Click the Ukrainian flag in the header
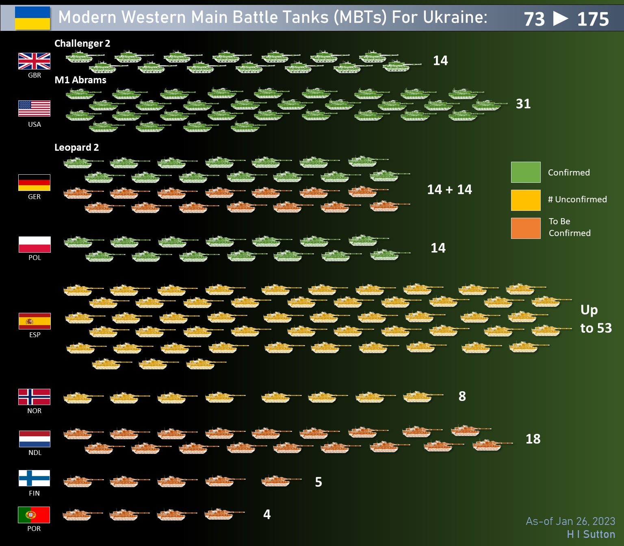[x=32, y=18]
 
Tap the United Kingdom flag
[x=34, y=61]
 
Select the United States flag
[x=34, y=108]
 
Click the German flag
[x=34, y=182]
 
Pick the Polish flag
[x=35, y=244]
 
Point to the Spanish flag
[x=35, y=321]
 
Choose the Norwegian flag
[x=34, y=397]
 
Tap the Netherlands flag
[x=35, y=439]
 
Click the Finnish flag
[x=34, y=478]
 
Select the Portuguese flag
[x=34, y=515]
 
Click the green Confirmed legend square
[x=526, y=172]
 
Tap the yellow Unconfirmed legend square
[x=526, y=200]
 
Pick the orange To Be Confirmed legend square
[x=526, y=228]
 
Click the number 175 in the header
[x=593, y=19]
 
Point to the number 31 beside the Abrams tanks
[x=523, y=104]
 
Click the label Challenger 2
[x=82, y=43]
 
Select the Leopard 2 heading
[x=76, y=147]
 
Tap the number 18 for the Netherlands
[x=533, y=439]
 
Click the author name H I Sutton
[x=591, y=534]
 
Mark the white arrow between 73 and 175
[x=561, y=19]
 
